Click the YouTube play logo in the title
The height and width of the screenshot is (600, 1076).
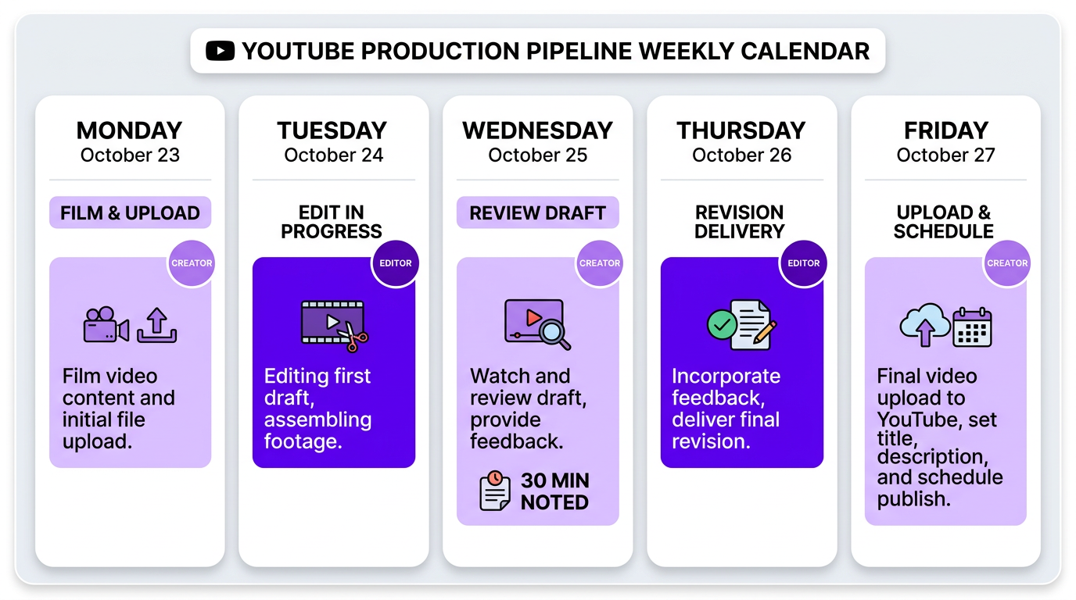pyautogui.click(x=220, y=52)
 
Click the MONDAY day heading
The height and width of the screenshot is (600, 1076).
pyautogui.click(x=130, y=130)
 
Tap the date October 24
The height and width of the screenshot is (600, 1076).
pyautogui.click(x=334, y=155)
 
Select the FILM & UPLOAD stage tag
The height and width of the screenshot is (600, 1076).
pyautogui.click(x=130, y=212)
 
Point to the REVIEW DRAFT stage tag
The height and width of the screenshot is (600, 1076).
pyautogui.click(x=537, y=212)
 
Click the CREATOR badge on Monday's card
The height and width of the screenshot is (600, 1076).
pyautogui.click(x=192, y=263)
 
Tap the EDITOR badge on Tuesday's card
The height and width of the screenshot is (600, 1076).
pyautogui.click(x=396, y=263)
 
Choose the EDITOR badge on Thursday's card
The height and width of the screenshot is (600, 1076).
pyautogui.click(x=803, y=263)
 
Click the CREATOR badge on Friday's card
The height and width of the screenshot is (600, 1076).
pyautogui.click(x=1007, y=263)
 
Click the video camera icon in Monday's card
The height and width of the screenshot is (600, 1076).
pyautogui.click(x=106, y=325)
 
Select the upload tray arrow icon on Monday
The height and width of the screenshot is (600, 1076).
pyautogui.click(x=156, y=325)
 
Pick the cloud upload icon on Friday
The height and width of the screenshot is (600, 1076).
pyautogui.click(x=924, y=324)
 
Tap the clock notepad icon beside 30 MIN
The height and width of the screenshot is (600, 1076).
pyautogui.click(x=495, y=491)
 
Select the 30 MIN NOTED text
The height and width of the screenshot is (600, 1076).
pyautogui.click(x=554, y=491)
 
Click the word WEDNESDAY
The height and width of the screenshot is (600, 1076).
pyautogui.click(x=537, y=130)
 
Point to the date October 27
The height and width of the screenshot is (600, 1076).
pyautogui.click(x=945, y=155)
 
